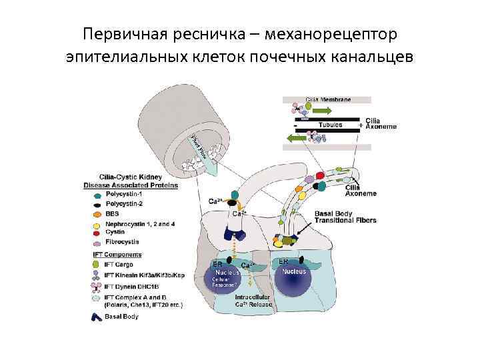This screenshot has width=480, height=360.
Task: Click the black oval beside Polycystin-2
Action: [x=98, y=204]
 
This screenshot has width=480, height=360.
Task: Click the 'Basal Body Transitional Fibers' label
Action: [x=345, y=217]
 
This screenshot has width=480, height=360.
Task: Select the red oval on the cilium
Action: [x=320, y=175]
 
